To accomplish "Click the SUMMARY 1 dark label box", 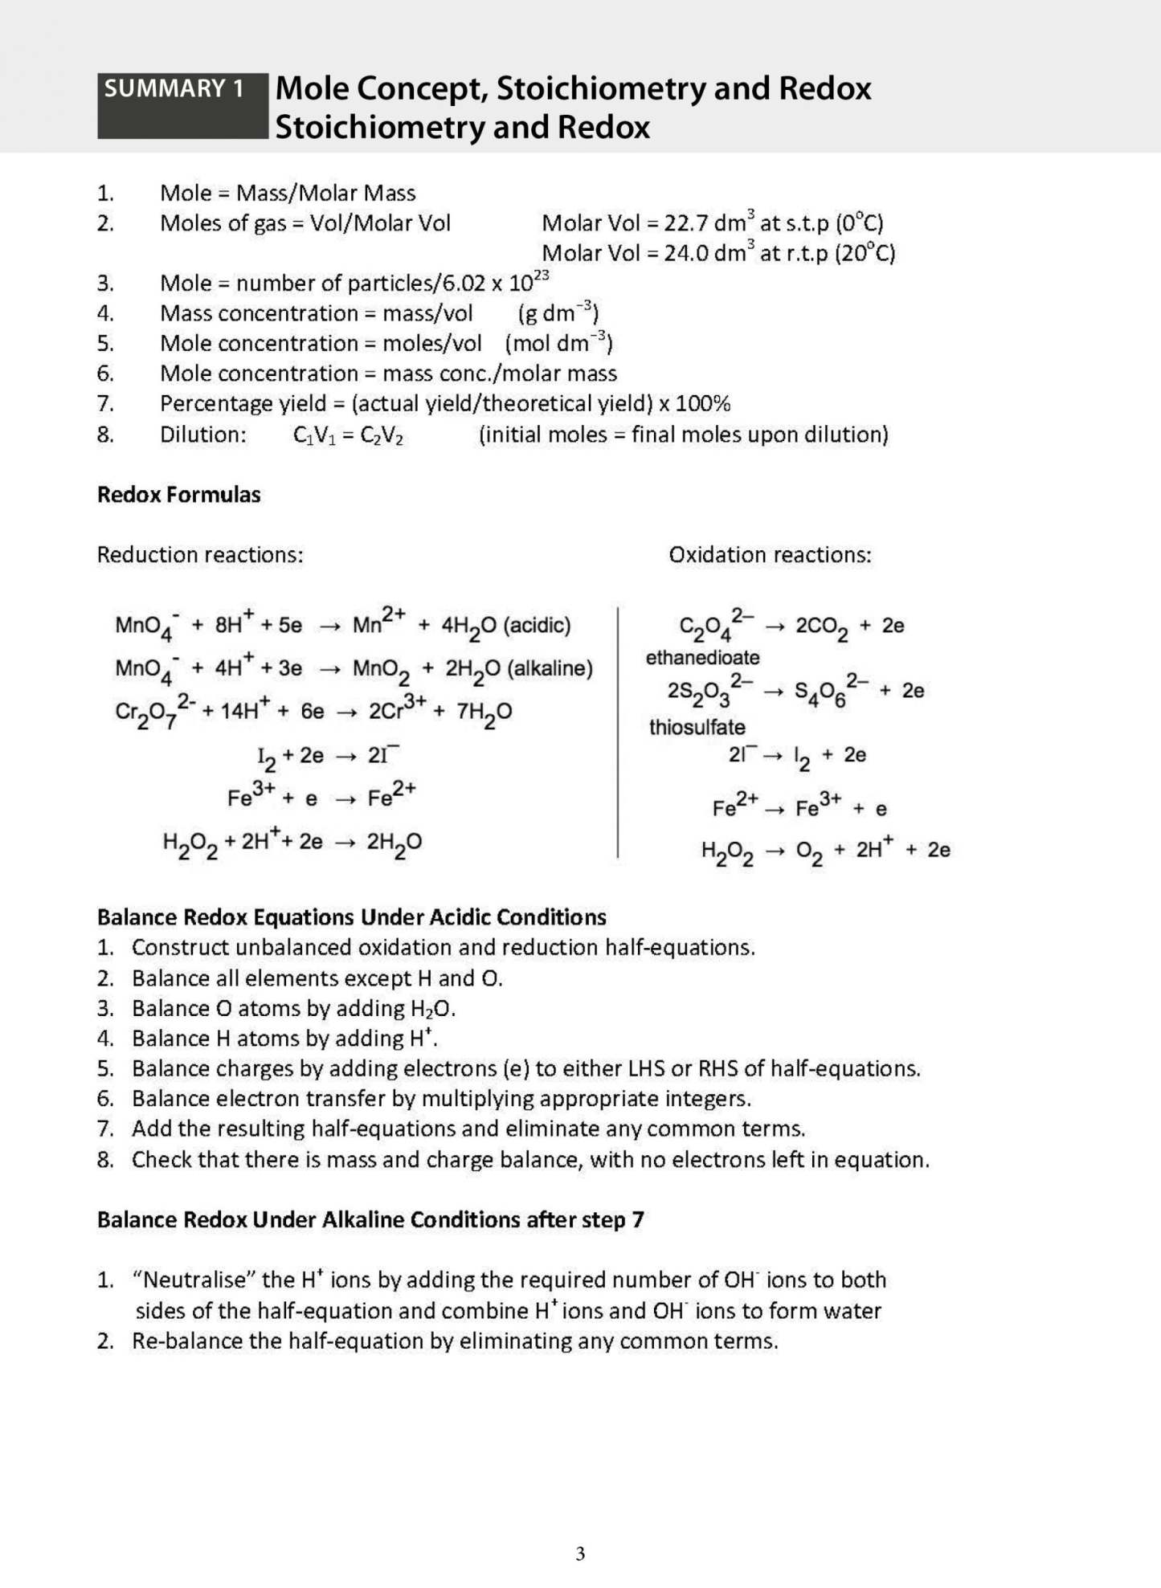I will pyautogui.click(x=182, y=105).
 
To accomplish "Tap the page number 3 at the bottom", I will pyautogui.click(x=580, y=1553).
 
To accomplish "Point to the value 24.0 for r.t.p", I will pyautogui.click(x=686, y=254).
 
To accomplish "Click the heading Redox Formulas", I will pyautogui.click(x=178, y=495).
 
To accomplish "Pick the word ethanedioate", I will pyautogui.click(x=702, y=658).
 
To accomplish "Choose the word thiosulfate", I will pyautogui.click(x=697, y=728).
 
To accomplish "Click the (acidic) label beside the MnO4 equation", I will pyautogui.click(x=537, y=626).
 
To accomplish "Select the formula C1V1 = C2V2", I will pyautogui.click(x=348, y=435).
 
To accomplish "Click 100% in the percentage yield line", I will pyautogui.click(x=703, y=404).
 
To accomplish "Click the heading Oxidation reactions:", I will pyautogui.click(x=769, y=555).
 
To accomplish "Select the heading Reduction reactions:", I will pyautogui.click(x=200, y=555).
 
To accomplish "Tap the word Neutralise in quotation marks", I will pyautogui.click(x=198, y=1280).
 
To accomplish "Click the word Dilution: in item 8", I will pyautogui.click(x=202, y=435).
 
